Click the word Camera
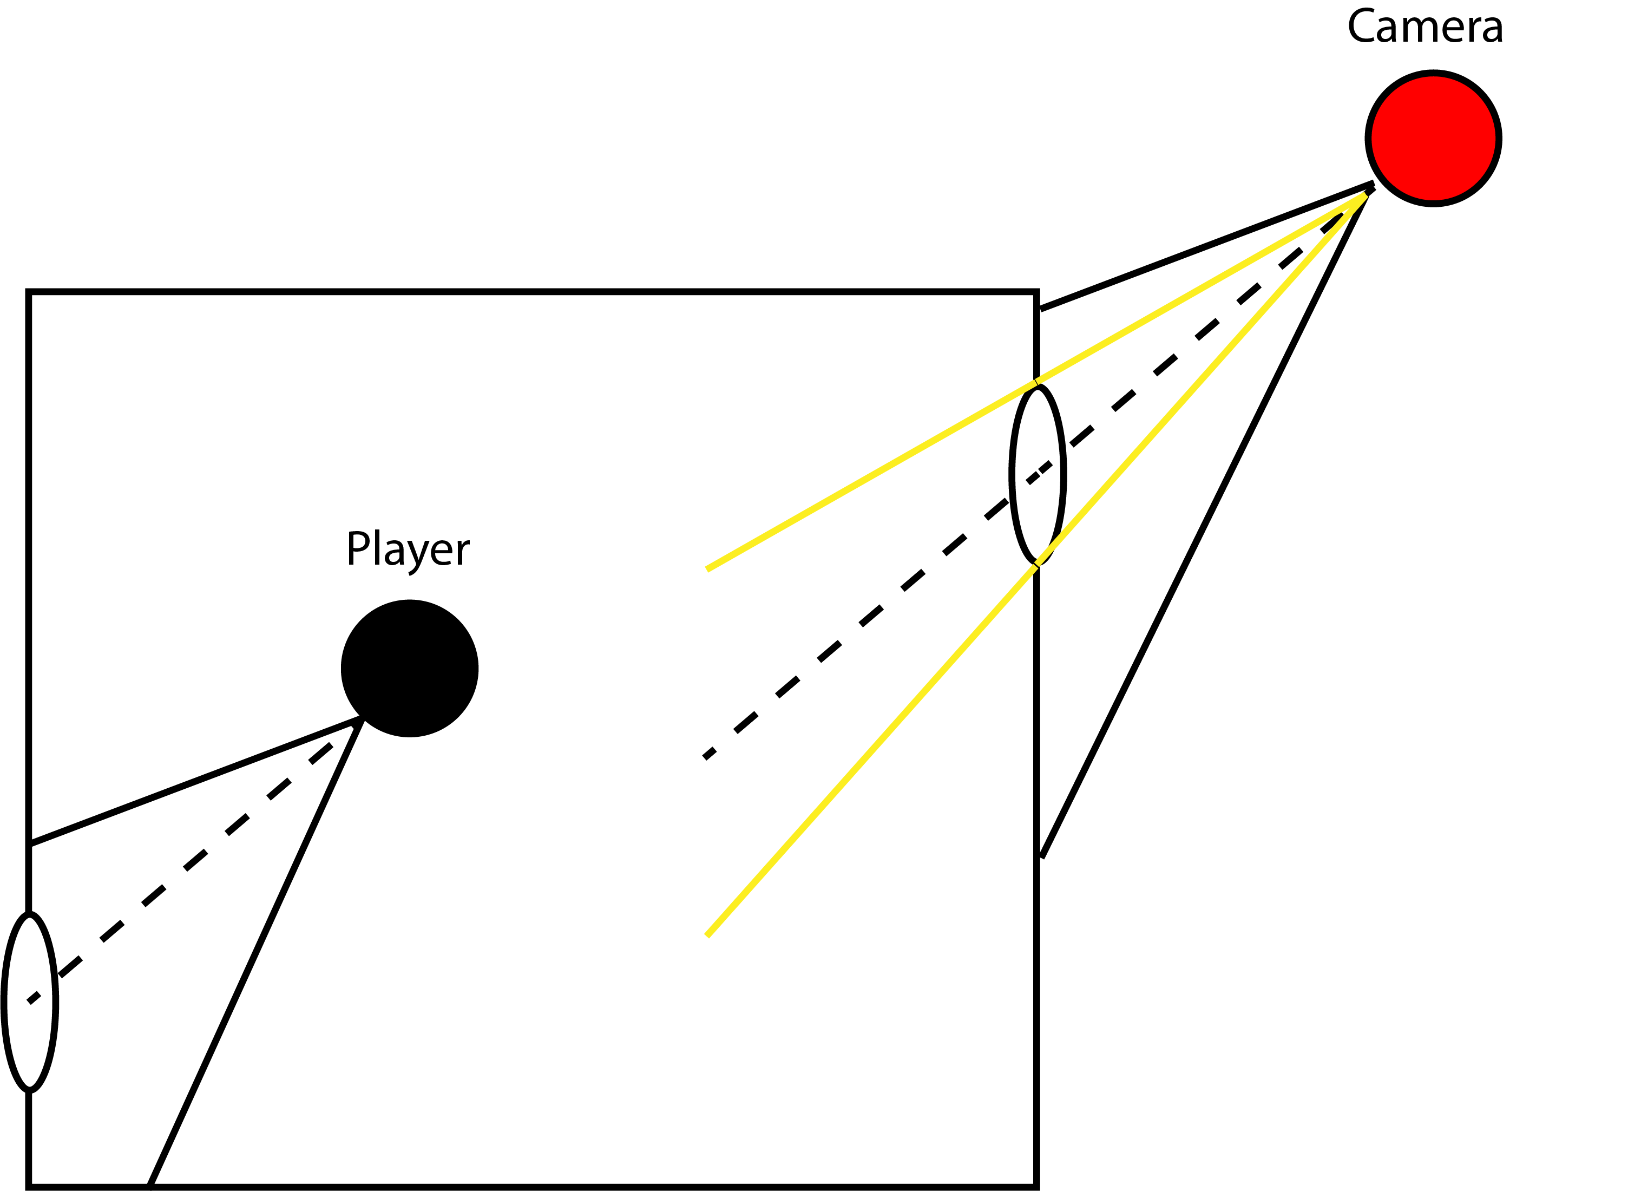pyautogui.click(x=1424, y=28)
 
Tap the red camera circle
pyautogui.click(x=1433, y=138)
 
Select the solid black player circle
pyautogui.click(x=409, y=669)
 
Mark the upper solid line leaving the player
pyautogui.click(x=195, y=781)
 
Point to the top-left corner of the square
pyautogui.click(x=29, y=292)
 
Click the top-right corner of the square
pyautogui.click(x=1036, y=292)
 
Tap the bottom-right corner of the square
pyautogui.click(x=1036, y=1186)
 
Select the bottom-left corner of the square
pyautogui.click(x=29, y=1186)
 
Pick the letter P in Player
pyautogui.click(x=357, y=548)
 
